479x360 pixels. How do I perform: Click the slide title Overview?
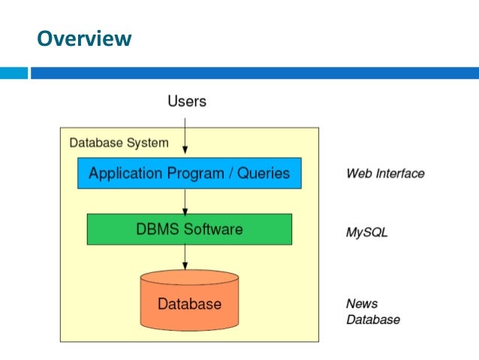tap(84, 38)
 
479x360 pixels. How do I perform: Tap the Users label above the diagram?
tap(186, 101)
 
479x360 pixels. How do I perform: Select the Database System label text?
tap(119, 142)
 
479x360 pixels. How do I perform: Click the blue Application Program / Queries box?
tap(189, 173)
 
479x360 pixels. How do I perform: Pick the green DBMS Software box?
tap(189, 229)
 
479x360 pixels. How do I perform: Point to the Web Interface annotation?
tap(384, 174)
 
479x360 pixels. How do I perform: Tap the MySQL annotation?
tap(366, 233)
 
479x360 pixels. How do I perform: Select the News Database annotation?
tap(372, 312)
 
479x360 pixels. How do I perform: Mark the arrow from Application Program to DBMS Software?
tap(185, 201)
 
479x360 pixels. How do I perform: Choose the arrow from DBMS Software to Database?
tap(185, 258)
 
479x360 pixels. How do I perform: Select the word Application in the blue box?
tap(124, 174)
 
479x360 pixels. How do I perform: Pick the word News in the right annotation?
tap(362, 304)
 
